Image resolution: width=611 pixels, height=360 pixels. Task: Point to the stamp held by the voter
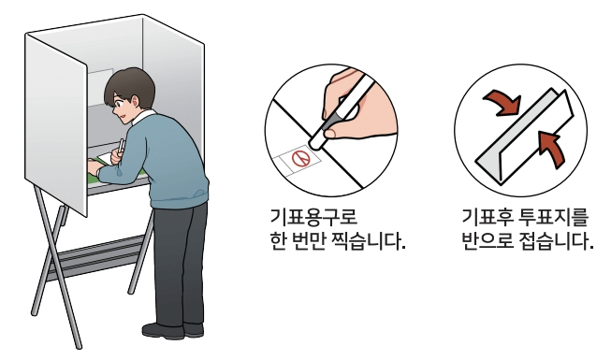(x=121, y=147)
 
